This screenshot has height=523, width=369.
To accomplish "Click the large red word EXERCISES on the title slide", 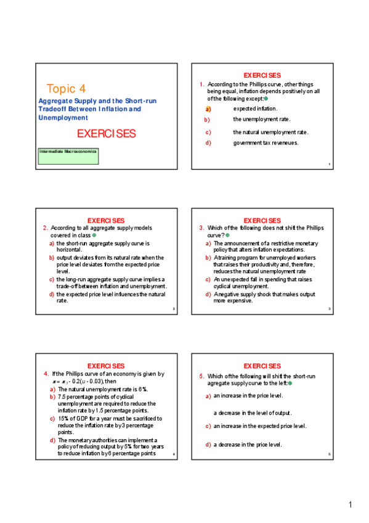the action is (x=106, y=133).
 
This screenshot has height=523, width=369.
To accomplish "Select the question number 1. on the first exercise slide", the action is (x=202, y=84).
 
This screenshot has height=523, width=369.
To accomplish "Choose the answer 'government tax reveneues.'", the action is (x=266, y=143).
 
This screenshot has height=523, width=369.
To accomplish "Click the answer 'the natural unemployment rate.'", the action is (x=270, y=132).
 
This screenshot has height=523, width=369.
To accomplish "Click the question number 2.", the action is (x=46, y=228).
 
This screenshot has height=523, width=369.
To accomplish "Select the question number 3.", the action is (x=202, y=228).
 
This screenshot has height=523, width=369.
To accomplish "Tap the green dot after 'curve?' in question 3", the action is (x=227, y=235).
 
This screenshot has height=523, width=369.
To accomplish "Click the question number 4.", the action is (x=46, y=374).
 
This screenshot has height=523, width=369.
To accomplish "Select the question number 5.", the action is (x=202, y=376).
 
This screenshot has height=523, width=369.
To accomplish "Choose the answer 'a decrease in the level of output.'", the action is (x=253, y=413).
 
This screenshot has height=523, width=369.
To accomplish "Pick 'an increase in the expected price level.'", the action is (x=259, y=426).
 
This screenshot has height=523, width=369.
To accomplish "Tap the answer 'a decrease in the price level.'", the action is (x=248, y=444).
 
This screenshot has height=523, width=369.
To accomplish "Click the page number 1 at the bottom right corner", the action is (x=350, y=506).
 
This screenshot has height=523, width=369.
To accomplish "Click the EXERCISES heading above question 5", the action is (x=262, y=366).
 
